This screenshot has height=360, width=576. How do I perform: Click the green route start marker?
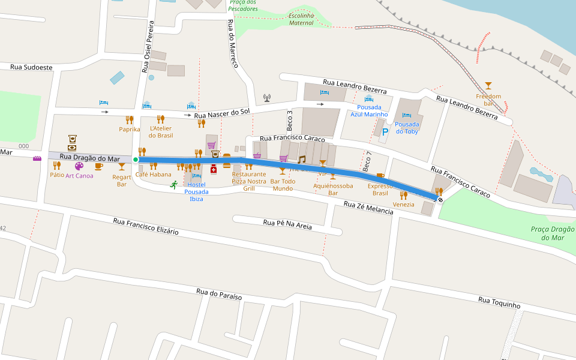coord(136,160)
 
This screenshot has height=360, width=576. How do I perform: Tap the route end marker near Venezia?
coord(440,199)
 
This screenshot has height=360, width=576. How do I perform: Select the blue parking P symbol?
coord(385,131)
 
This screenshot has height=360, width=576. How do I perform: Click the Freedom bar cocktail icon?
coord(488,86)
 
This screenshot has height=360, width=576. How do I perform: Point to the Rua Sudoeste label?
coord(31,67)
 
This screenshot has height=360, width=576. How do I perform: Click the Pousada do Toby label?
coord(407,127)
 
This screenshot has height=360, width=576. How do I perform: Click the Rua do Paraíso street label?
coord(219,295)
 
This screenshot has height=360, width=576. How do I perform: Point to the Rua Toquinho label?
coord(499,302)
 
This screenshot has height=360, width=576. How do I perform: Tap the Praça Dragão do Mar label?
coord(553,233)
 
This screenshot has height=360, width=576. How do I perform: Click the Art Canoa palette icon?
coord(79,166)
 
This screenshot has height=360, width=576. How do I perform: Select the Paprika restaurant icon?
coord(130,119)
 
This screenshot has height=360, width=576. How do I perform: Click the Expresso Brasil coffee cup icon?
coord(380,176)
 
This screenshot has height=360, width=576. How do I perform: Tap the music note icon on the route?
coord(302,159)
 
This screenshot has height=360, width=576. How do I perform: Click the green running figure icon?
coord(173,185)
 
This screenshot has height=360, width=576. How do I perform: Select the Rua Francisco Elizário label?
coord(146,226)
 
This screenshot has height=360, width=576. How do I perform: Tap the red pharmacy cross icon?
coord(213,169)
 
